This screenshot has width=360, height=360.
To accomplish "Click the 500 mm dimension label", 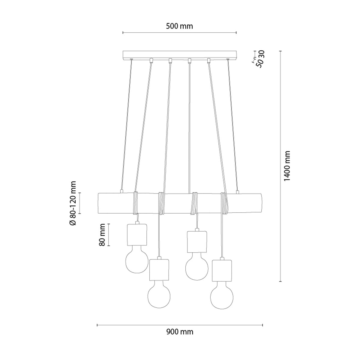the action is pos(179,26).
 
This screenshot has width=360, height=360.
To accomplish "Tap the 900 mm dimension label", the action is pos(180,332).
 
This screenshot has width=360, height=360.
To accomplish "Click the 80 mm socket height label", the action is pos(102,235).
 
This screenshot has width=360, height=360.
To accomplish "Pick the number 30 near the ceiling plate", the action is pos(262,55).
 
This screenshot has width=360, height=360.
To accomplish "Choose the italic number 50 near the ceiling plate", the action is pos(260,64).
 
